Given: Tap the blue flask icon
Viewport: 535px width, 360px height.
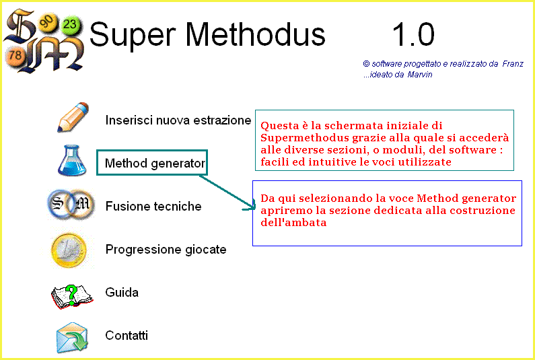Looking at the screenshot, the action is click(72, 160).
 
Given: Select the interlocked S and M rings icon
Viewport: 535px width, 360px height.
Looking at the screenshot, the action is click(71, 205).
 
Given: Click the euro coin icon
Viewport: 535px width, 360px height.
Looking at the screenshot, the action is click(69, 250).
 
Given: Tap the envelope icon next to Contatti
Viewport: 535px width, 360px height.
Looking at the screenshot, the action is click(72, 338).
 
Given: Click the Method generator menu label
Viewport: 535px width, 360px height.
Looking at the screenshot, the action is click(155, 163).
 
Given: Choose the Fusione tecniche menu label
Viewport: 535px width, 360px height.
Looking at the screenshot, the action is click(153, 206).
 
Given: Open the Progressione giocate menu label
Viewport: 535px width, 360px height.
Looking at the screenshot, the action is click(166, 250).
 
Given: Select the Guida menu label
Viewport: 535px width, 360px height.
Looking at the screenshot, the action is click(122, 293).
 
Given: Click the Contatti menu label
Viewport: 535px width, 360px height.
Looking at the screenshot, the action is click(127, 335).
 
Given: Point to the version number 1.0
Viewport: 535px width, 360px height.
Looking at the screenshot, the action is click(414, 34).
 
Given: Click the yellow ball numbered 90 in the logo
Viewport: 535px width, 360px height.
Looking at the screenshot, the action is click(47, 22).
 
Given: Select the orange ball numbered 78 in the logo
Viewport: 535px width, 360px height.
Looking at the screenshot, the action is click(15, 55).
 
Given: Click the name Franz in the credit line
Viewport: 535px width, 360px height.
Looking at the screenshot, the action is click(513, 64).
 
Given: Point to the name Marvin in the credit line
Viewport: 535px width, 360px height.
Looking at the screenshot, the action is click(420, 75).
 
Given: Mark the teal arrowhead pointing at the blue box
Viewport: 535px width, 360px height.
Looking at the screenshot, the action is click(251, 206).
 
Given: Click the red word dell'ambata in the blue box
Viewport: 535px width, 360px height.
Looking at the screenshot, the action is click(293, 223).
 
